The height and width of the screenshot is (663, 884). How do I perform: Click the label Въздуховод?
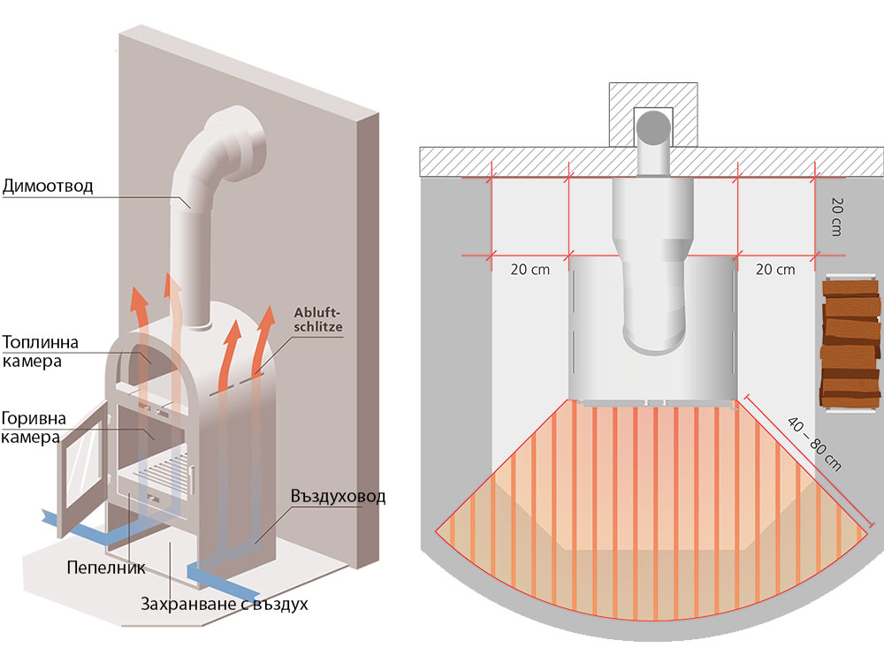click(x=338, y=496)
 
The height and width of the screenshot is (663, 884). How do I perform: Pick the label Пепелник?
click(x=105, y=566)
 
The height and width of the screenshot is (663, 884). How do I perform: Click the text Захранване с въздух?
click(x=225, y=606)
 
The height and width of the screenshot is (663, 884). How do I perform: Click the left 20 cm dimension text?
click(x=530, y=270)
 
